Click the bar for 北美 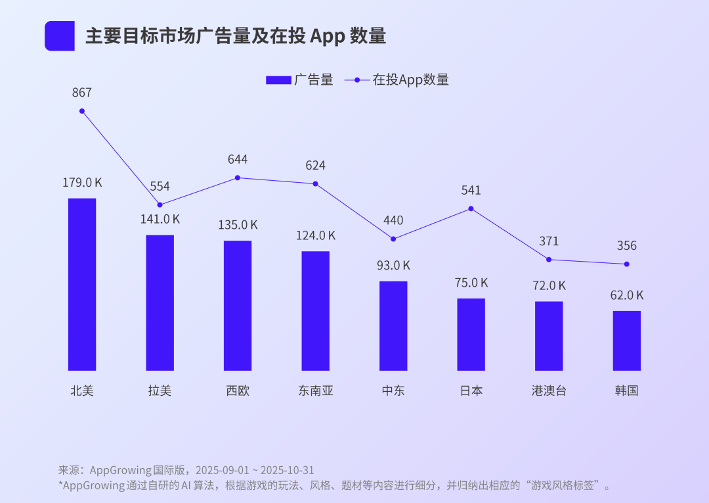point(82,284)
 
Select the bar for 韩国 point(627,341)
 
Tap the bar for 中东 point(393,325)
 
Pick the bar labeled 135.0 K point(238,305)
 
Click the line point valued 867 point(82,111)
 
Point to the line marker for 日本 point(471,208)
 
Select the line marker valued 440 point(393,239)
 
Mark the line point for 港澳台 point(549,259)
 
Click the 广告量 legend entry point(299,80)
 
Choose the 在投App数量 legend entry point(397,80)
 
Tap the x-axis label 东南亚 point(316,391)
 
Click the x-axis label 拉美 point(160,391)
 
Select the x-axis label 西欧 point(238,391)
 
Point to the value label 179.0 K point(82,183)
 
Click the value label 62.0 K point(627,295)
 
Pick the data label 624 point(315,165)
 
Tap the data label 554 point(160,186)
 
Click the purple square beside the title point(60,36)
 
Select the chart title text point(236,36)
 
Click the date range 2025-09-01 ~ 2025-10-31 point(254,470)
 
